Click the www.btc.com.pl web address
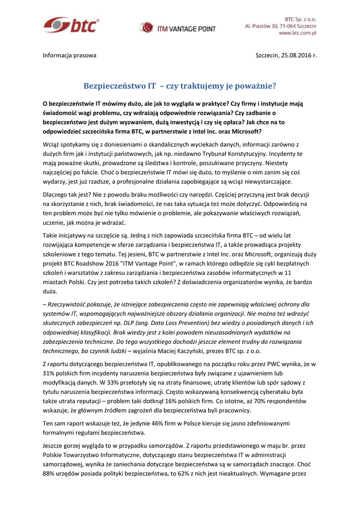(x=298, y=33)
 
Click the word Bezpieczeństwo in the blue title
(x=115, y=85)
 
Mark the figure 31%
(x=50, y=373)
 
